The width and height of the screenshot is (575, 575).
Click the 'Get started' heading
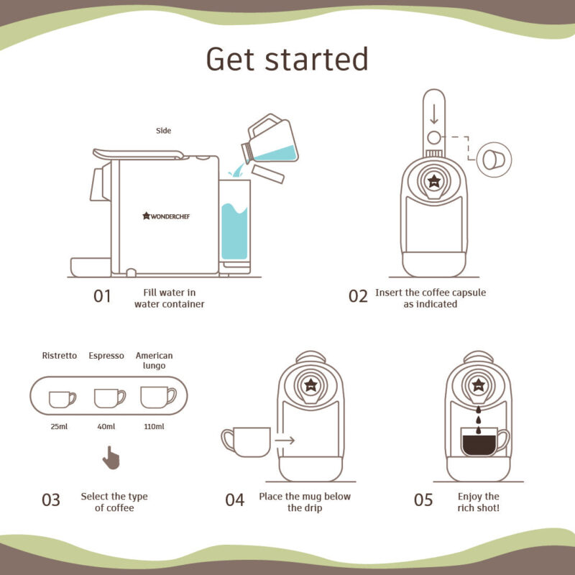(x=287, y=58)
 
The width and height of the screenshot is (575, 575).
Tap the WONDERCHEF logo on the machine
(x=170, y=215)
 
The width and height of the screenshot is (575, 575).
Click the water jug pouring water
(x=272, y=140)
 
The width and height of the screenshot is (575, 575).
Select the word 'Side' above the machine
(x=164, y=131)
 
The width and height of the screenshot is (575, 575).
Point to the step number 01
(x=103, y=295)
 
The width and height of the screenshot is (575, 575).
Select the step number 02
(x=358, y=295)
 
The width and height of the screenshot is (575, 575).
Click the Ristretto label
(x=60, y=356)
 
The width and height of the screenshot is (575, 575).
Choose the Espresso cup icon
(x=109, y=397)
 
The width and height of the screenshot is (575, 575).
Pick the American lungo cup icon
(x=157, y=397)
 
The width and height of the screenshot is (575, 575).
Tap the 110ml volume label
(x=155, y=427)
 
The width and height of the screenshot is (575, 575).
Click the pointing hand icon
(x=110, y=457)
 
